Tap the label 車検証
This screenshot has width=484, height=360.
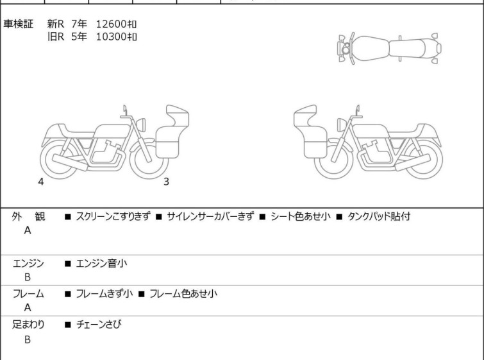click(x=18, y=24)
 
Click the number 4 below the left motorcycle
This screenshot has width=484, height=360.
click(x=41, y=182)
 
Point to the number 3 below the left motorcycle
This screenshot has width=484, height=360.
click(x=167, y=182)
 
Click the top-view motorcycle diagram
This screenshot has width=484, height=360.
click(x=389, y=49)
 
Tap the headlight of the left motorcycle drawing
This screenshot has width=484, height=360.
click(x=141, y=124)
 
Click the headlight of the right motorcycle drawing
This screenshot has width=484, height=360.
click(x=342, y=125)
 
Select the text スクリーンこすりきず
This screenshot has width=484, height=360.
click(x=113, y=216)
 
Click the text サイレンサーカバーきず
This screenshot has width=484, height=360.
click(x=210, y=216)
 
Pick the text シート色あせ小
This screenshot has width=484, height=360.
click(x=301, y=216)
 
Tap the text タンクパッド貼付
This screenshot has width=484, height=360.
click(x=379, y=216)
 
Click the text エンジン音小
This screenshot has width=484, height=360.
click(x=101, y=263)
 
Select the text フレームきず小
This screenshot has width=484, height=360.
click(x=104, y=293)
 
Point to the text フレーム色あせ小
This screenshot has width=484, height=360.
click(x=183, y=293)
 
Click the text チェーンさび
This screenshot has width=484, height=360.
click(x=99, y=324)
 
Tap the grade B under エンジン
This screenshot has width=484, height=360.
click(x=28, y=277)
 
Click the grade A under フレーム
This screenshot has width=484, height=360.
click(x=28, y=308)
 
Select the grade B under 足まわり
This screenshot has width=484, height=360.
click(x=28, y=339)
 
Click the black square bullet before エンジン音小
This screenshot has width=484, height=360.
click(x=67, y=264)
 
